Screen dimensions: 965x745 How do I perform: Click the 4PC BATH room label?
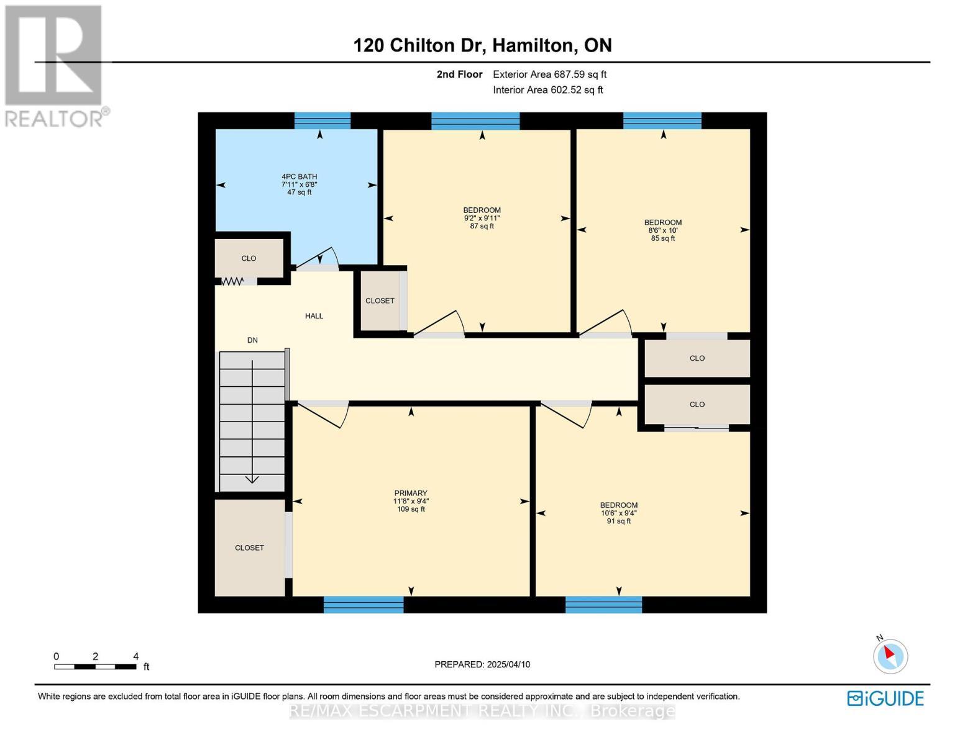299,176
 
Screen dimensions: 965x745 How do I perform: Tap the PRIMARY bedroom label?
411,493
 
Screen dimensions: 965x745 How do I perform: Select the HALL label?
314,316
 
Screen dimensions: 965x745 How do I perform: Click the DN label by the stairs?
252,340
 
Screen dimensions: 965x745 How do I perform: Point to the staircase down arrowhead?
252,479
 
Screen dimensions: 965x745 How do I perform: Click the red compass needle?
889,652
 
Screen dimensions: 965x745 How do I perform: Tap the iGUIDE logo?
885,698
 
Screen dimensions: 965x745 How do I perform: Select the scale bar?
95,666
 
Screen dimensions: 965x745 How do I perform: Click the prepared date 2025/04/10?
508,664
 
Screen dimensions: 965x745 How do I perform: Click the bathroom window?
322,120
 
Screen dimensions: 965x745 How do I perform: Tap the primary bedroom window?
364,605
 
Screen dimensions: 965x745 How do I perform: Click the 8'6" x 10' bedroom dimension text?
663,230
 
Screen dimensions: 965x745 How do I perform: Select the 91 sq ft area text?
619,521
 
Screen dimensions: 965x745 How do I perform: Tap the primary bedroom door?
323,415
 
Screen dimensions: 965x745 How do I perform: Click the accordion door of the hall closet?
232,281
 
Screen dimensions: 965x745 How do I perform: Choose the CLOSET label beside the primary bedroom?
249,548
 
